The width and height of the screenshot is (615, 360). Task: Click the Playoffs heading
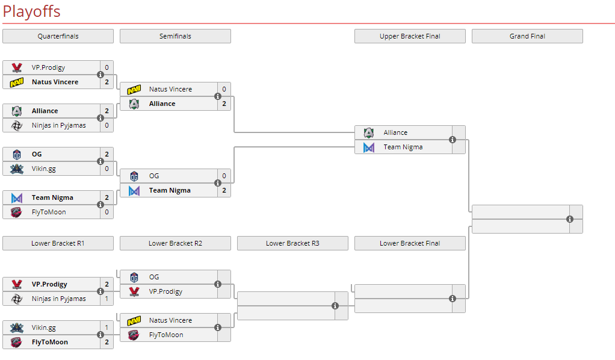point(31,11)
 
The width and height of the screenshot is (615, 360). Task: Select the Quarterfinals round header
point(58,36)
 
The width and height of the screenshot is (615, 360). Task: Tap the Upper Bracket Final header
point(410,36)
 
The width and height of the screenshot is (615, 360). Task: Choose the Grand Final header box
point(527,36)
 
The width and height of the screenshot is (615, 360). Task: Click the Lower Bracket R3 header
point(292,243)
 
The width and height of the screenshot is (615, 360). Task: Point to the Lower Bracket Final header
point(410,243)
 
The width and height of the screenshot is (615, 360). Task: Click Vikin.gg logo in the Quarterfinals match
point(17,169)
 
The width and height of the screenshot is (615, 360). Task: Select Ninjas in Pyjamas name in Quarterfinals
point(58,125)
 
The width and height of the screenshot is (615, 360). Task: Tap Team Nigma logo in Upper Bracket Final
point(369,147)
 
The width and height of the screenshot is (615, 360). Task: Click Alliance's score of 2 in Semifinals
point(224,104)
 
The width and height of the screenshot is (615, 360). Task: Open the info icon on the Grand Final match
point(570,219)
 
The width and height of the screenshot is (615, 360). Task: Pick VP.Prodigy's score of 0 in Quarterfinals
point(107,67)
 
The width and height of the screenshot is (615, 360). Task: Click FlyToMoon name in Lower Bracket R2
point(166,335)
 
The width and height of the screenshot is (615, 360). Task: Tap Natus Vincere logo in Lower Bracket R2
point(134,320)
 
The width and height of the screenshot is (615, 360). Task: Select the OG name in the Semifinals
point(154,176)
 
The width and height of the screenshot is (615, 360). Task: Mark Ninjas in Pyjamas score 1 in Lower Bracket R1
point(107,299)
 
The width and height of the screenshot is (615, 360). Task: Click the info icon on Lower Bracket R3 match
point(335,306)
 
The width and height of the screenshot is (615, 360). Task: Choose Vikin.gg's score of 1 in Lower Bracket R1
point(107,327)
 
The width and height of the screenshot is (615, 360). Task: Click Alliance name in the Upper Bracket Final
point(395,132)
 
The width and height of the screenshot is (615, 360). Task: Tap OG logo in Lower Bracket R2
point(134,277)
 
